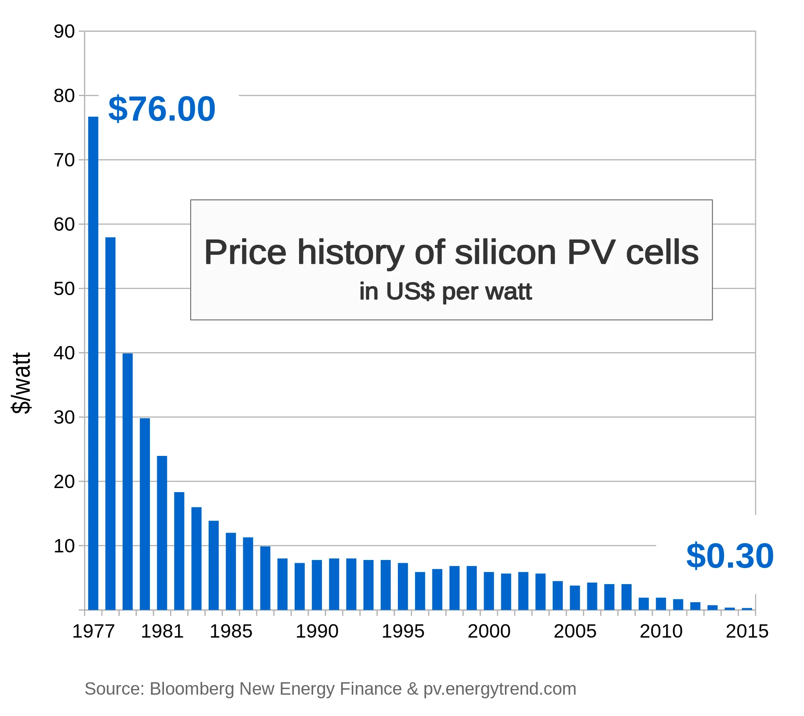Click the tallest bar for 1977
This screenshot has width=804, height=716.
[x=93, y=362]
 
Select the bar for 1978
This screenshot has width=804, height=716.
[x=111, y=422]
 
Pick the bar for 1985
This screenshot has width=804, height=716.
[x=231, y=571]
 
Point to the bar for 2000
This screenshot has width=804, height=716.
[x=489, y=591]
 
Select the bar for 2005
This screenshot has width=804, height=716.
[x=575, y=597]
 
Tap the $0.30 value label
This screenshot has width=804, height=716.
[x=730, y=556]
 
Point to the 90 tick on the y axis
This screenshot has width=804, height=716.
[x=64, y=31]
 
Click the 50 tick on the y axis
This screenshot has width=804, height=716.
[x=64, y=289]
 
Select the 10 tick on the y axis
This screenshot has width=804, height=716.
[x=64, y=546]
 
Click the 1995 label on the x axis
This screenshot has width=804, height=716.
[x=403, y=631]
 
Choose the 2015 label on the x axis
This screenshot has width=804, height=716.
[x=747, y=631]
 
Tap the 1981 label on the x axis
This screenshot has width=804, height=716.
[x=162, y=631]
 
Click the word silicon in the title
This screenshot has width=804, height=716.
[x=505, y=252]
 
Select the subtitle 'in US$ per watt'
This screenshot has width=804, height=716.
[x=445, y=291]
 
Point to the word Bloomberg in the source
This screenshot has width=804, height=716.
[x=192, y=689]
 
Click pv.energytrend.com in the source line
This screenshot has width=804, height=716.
[x=500, y=689]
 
